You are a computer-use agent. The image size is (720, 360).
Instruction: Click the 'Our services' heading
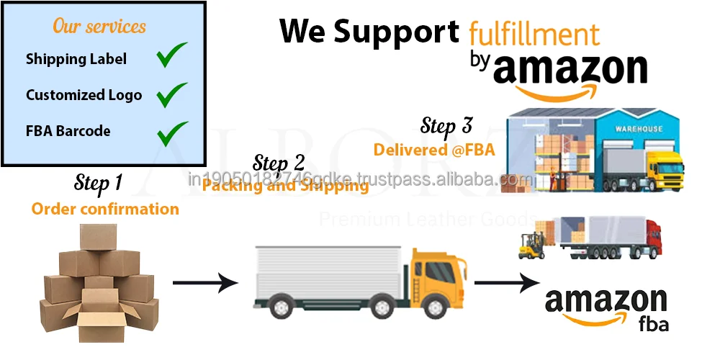point(99,27)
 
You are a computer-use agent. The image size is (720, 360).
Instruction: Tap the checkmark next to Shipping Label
point(172,56)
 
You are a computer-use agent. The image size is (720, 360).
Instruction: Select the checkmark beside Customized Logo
point(172,94)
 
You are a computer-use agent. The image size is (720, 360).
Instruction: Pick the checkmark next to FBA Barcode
point(172,132)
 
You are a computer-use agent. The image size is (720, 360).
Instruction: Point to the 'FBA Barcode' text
point(68,131)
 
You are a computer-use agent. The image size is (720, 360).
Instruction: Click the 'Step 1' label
point(98,183)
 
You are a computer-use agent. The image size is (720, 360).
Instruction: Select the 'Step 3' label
point(446,126)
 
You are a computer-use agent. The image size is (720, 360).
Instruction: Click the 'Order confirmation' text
point(105,209)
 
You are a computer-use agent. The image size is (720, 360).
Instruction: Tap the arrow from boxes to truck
point(206,282)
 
